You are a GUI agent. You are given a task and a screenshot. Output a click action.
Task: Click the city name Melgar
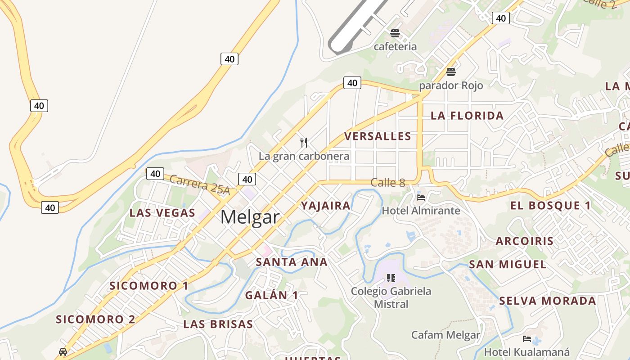tap(250, 217)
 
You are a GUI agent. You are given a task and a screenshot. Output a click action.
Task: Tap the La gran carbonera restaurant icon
tap(304, 143)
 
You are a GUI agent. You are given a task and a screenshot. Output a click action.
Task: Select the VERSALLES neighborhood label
tap(378, 136)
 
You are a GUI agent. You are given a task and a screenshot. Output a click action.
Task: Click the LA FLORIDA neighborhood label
tap(467, 116)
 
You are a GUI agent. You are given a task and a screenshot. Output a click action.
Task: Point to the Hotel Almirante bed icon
tap(421, 197)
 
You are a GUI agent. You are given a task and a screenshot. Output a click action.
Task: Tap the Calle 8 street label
tap(387, 183)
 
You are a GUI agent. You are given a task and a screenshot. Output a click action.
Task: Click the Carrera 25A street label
tap(200, 185)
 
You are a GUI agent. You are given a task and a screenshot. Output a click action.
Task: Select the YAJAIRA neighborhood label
tap(325, 206)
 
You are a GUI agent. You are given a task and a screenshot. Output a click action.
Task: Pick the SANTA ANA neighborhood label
tap(292, 262)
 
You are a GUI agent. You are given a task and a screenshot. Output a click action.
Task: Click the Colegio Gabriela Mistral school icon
tap(391, 278)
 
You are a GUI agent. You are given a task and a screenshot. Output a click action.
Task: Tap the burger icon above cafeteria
tap(395, 33)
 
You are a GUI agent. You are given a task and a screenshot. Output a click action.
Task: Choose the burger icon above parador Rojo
tap(450, 72)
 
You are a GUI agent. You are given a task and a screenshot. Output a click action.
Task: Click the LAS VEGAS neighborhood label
tap(162, 213)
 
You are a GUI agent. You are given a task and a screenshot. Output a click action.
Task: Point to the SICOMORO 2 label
tap(95, 319)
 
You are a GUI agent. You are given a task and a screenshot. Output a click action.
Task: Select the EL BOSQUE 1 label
tap(550, 206)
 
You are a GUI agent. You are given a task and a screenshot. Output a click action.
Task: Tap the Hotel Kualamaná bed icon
tap(526, 339)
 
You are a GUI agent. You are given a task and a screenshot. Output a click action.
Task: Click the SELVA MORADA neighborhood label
tap(547, 301)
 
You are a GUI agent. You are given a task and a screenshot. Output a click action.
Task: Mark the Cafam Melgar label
tap(445, 335)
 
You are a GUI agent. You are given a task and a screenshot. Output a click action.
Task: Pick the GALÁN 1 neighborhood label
tap(271, 295)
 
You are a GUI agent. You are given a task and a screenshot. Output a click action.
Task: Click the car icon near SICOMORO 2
tap(63, 351)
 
